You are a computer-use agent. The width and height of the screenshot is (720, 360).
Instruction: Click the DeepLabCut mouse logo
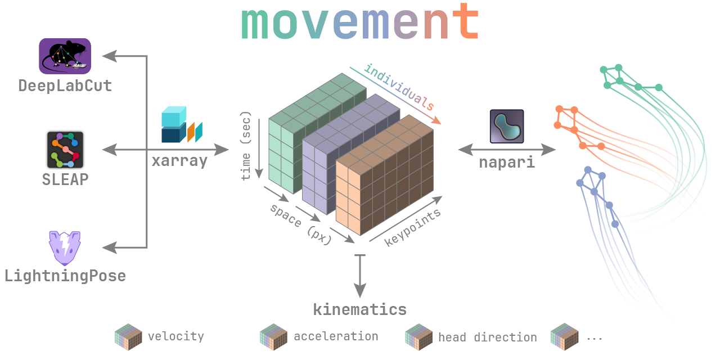[x=65, y=56]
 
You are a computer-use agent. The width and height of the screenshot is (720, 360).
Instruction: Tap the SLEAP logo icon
[x=65, y=150]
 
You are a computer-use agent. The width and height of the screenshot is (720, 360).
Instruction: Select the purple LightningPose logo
[x=65, y=247]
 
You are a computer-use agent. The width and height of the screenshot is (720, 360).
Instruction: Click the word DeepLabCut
[x=65, y=86]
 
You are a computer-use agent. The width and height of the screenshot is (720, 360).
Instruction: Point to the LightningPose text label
[x=65, y=276]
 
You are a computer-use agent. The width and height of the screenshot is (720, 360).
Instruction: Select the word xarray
[x=179, y=161]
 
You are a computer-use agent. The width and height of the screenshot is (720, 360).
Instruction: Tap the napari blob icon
[x=506, y=126]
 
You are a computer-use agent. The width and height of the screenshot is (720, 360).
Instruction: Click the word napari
[x=506, y=163]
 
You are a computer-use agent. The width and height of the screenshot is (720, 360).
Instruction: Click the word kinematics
[x=359, y=309]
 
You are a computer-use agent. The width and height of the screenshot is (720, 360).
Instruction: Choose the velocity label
[x=175, y=336]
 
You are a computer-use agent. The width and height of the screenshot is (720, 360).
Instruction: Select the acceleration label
[x=336, y=336]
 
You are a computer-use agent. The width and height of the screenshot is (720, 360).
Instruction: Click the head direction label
[x=487, y=337]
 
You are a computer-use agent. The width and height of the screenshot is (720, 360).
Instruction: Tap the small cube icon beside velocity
[x=128, y=337]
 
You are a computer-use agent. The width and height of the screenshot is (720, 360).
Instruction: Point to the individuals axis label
[x=399, y=87]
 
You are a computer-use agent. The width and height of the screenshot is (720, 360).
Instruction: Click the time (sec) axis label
[x=246, y=149]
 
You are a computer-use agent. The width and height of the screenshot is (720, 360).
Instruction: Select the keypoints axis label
[x=412, y=228]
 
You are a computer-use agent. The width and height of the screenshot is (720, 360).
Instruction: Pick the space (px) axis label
[x=301, y=223]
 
